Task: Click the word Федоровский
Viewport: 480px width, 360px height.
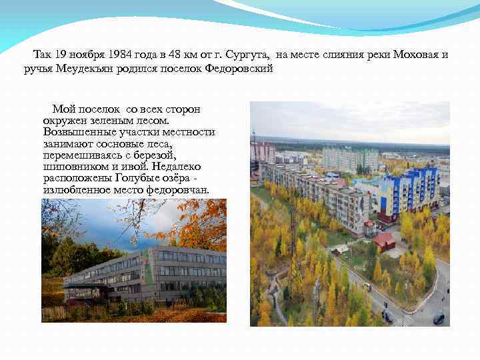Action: pyautogui.click(x=239, y=69)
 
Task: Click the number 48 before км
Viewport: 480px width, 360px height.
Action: pyautogui.click(x=174, y=55)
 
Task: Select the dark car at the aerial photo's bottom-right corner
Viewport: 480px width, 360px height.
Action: pyautogui.click(x=438, y=318)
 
